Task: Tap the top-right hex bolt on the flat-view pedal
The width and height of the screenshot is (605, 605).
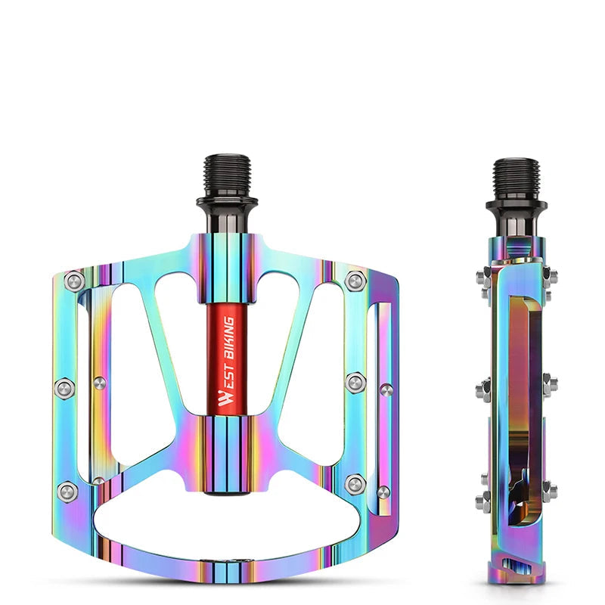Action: click(x=355, y=281)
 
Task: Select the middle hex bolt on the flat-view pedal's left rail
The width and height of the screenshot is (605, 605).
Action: click(x=65, y=389)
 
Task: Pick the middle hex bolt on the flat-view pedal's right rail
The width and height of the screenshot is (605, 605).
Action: click(x=355, y=383)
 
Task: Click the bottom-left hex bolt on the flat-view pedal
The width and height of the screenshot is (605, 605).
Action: click(x=68, y=490)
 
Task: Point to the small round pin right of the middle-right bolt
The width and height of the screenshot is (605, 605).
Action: click(x=386, y=390)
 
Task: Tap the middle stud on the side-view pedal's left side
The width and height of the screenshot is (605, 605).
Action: click(x=482, y=390)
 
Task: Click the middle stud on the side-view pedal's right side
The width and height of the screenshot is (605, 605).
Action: click(x=550, y=383)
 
